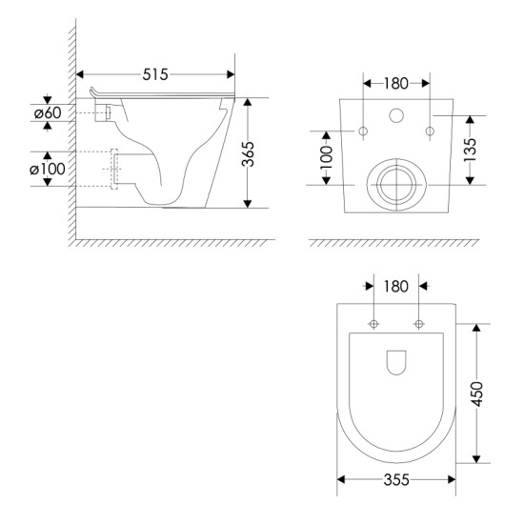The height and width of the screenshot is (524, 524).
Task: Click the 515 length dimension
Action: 155,74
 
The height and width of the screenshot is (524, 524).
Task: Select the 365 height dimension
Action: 248,154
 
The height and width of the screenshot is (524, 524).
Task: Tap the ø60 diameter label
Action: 48,113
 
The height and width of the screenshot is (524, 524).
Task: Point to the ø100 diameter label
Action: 48,169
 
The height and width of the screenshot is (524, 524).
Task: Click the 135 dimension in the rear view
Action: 470,150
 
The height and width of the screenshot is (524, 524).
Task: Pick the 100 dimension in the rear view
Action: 326,157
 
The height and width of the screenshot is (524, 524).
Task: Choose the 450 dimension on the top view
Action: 477,394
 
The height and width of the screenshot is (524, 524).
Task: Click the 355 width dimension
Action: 396,480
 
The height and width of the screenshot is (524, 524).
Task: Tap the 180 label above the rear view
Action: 396,84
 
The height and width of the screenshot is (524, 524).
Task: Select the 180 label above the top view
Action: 396,287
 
